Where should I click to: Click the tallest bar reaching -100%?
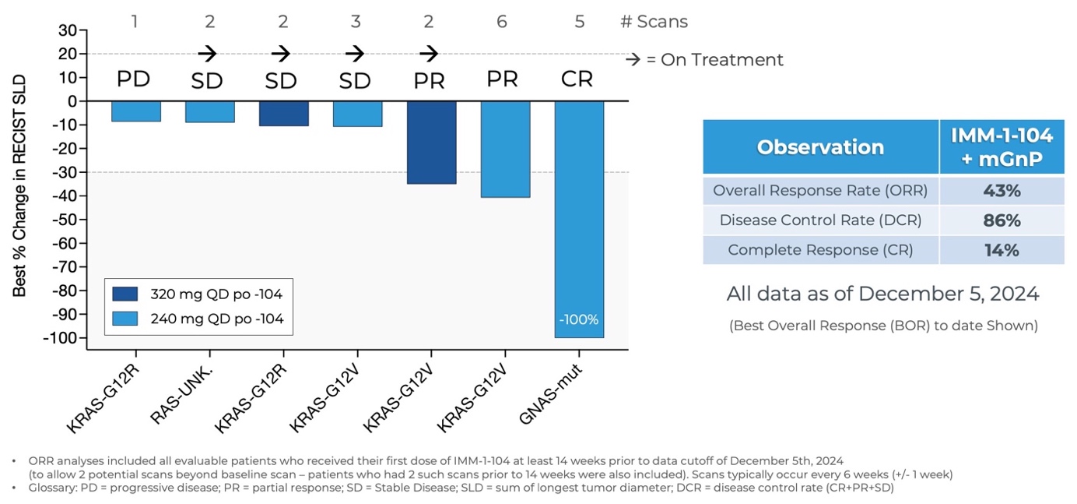coord(579,219)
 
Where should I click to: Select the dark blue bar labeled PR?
coord(431,143)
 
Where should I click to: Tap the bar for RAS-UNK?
coord(209,112)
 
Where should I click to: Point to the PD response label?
coord(133,79)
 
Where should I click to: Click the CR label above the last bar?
coord(577,79)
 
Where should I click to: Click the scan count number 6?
coord(502,22)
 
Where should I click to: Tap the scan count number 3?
coord(356,22)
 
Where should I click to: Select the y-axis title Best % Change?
coord(19,185)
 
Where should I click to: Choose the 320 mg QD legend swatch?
coord(125,294)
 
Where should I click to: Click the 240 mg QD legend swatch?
coord(125,319)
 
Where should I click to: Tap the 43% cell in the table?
coord(1001,191)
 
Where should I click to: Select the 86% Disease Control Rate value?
coord(1001,220)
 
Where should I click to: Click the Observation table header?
coord(820,147)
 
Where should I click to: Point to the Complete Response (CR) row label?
coord(820,250)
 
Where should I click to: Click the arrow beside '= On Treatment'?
coord(632,60)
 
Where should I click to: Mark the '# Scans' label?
coord(654,22)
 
